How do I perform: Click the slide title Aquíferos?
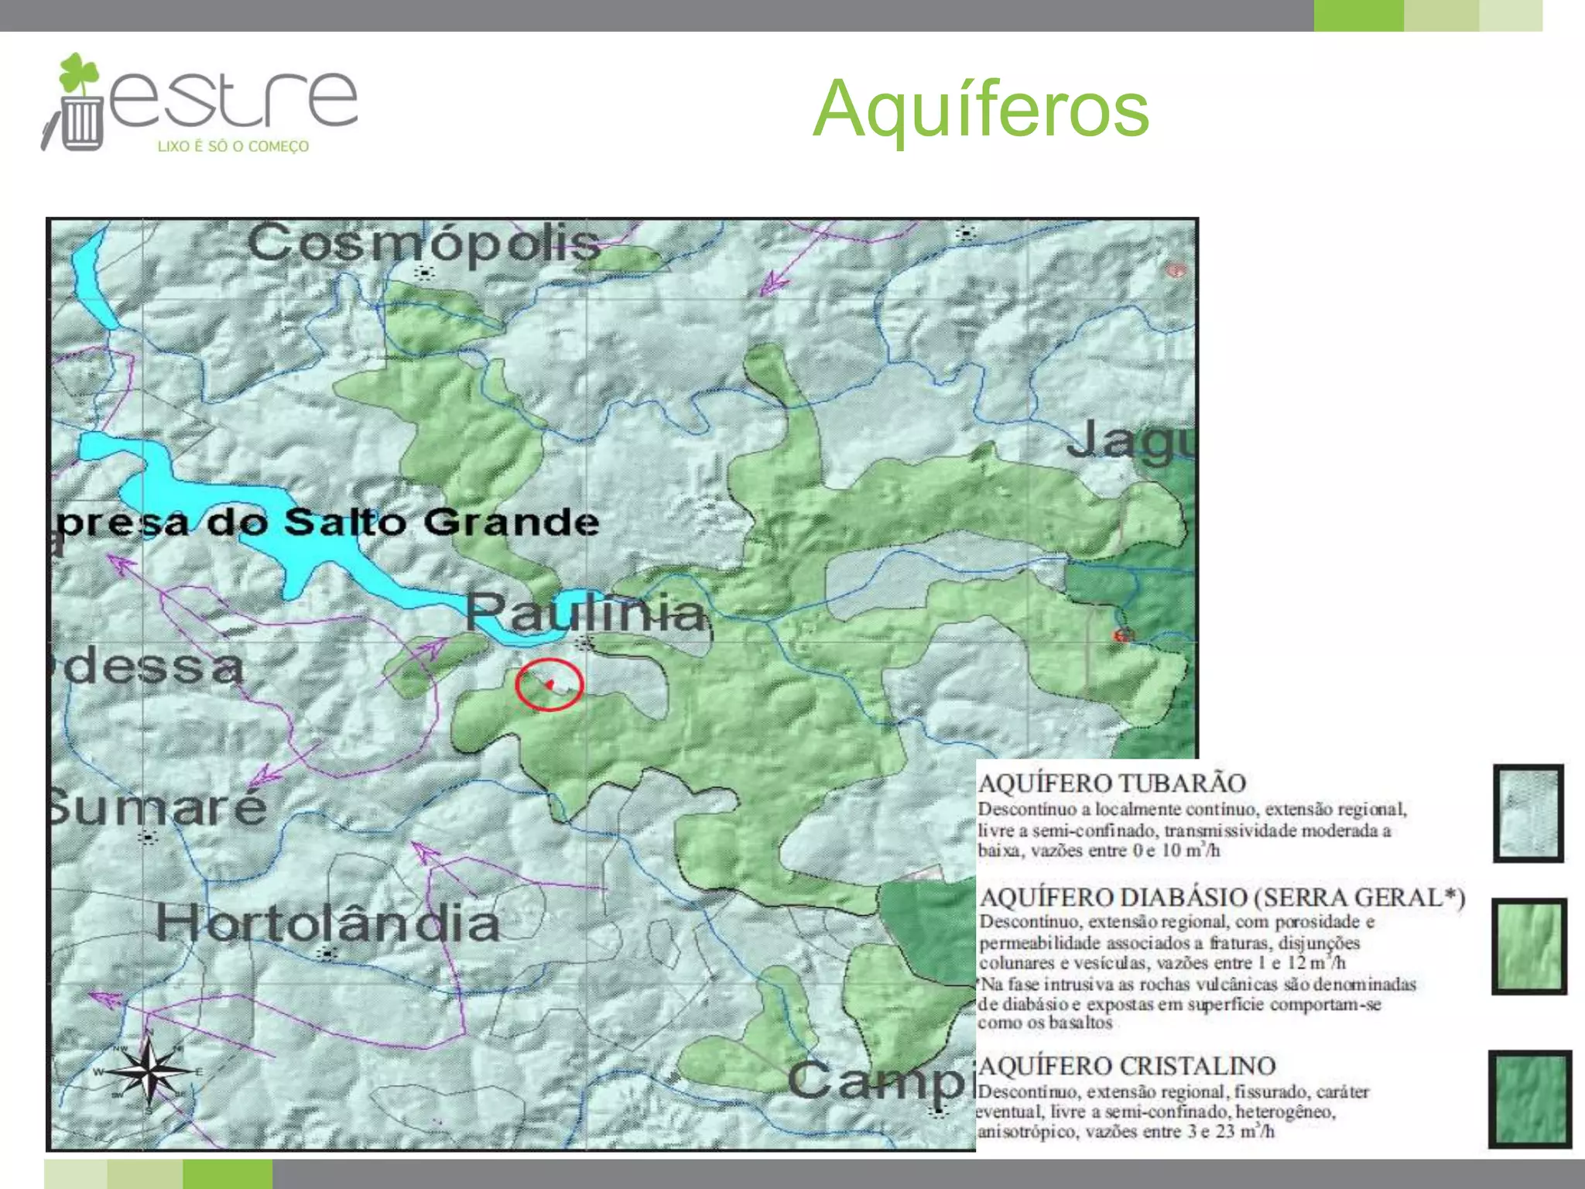click(x=981, y=110)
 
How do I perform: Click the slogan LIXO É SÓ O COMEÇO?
click(x=233, y=146)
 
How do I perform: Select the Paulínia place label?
click(x=587, y=612)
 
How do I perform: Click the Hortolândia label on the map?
click(x=328, y=923)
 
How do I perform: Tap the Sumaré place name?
click(x=158, y=807)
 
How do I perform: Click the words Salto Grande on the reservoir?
click(x=441, y=522)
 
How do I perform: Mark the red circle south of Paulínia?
click(x=549, y=684)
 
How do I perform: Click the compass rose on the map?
click(x=149, y=1071)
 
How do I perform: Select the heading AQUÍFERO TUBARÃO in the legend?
click(x=1112, y=783)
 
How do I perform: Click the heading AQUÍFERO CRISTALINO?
click(x=1128, y=1066)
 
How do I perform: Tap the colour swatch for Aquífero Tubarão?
click(x=1529, y=813)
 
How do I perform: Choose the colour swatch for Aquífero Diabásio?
click(x=1529, y=946)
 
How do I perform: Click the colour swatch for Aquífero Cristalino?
click(x=1530, y=1098)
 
